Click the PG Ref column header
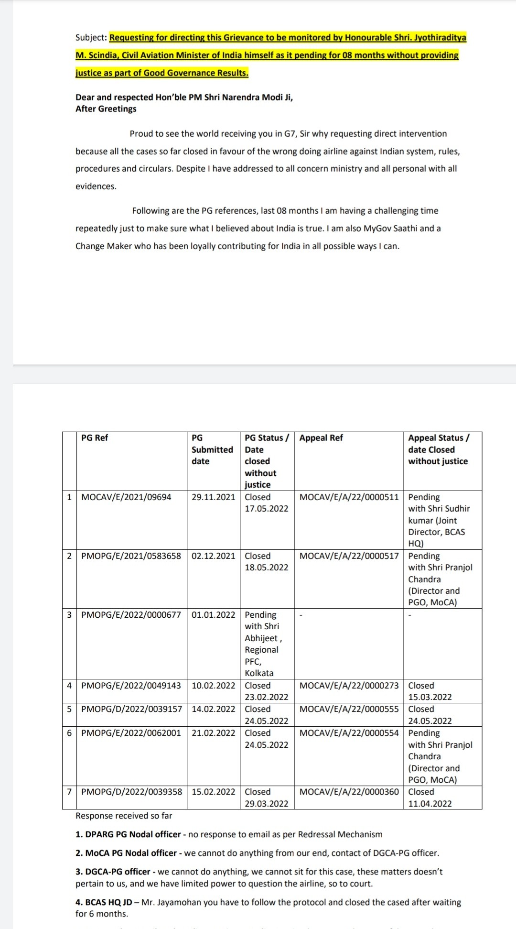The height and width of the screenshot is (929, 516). (95, 437)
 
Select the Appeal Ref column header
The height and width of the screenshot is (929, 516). (321, 437)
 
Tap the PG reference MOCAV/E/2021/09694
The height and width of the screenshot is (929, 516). (126, 497)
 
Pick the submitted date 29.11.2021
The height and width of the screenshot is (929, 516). (213, 497)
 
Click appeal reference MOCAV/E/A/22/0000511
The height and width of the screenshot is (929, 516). (349, 497)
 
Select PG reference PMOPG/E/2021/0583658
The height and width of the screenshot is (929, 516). (131, 556)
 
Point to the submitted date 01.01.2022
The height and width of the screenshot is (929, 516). (213, 614)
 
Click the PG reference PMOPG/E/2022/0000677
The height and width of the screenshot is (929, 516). (131, 614)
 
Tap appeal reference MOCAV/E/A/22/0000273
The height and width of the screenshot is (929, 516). (349, 685)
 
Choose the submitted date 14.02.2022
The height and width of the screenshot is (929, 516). (213, 709)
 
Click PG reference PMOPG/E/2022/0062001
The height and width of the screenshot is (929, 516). (131, 732)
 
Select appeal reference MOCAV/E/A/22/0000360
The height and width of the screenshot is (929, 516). (349, 791)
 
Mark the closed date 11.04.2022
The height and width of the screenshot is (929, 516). (430, 803)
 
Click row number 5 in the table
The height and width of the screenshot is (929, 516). (69, 709)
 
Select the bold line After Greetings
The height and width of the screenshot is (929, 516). (106, 109)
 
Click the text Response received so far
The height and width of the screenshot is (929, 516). (124, 816)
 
